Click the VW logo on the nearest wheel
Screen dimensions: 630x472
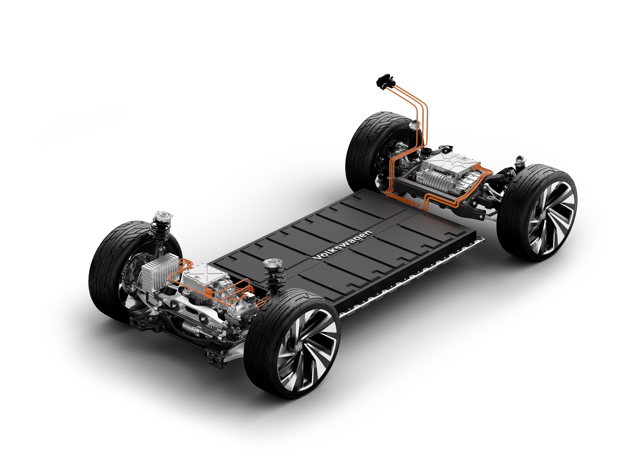[299, 346]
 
